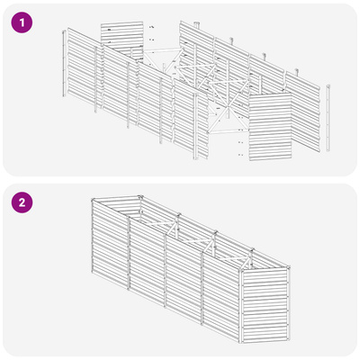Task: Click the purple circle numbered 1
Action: pyautogui.click(x=22, y=22)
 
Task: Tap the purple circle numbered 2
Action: pyautogui.click(x=22, y=202)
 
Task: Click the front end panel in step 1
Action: pyautogui.click(x=270, y=127)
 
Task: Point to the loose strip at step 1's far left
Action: pyautogui.click(x=64, y=63)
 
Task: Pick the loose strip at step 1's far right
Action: pyautogui.click(x=328, y=118)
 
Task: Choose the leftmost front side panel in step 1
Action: pyautogui.click(x=83, y=67)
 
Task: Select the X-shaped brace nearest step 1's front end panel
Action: pyautogui.click(x=228, y=115)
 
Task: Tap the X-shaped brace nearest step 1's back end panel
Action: pyautogui.click(x=164, y=61)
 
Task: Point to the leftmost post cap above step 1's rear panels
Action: pyautogui.click(x=197, y=24)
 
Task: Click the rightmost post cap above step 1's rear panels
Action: pyautogui.click(x=297, y=71)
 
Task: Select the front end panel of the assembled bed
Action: pyautogui.click(x=265, y=305)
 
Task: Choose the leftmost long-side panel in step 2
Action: pyautogui.click(x=111, y=245)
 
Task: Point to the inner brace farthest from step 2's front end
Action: pyautogui.click(x=159, y=224)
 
